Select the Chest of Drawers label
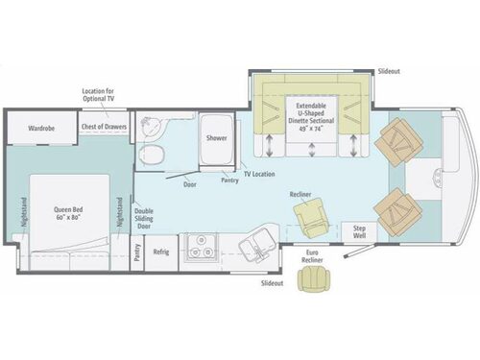click(103, 127)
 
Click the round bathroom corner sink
click(150, 126)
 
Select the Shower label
click(216, 137)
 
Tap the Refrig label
click(161, 253)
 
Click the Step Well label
click(360, 230)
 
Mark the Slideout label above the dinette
click(390, 71)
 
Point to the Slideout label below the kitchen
click(272, 283)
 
